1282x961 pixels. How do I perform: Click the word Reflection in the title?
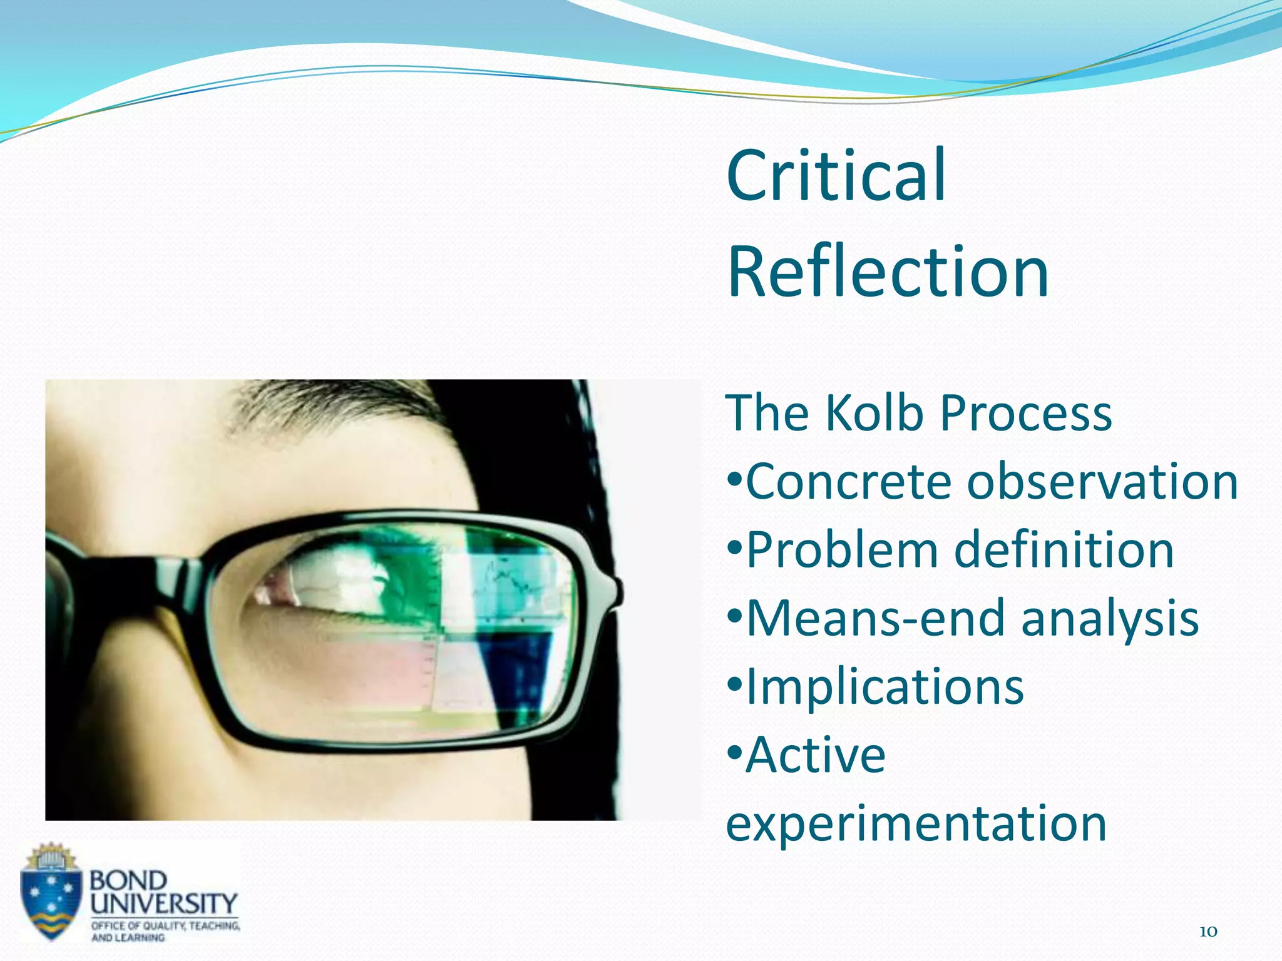point(888,272)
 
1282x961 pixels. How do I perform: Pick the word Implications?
point(885,687)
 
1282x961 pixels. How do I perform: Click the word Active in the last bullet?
point(816,755)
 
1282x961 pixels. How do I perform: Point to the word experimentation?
point(916,824)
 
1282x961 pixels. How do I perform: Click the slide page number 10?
point(1208,932)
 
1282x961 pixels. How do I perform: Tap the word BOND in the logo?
point(128,880)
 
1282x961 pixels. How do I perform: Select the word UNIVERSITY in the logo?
point(163,903)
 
